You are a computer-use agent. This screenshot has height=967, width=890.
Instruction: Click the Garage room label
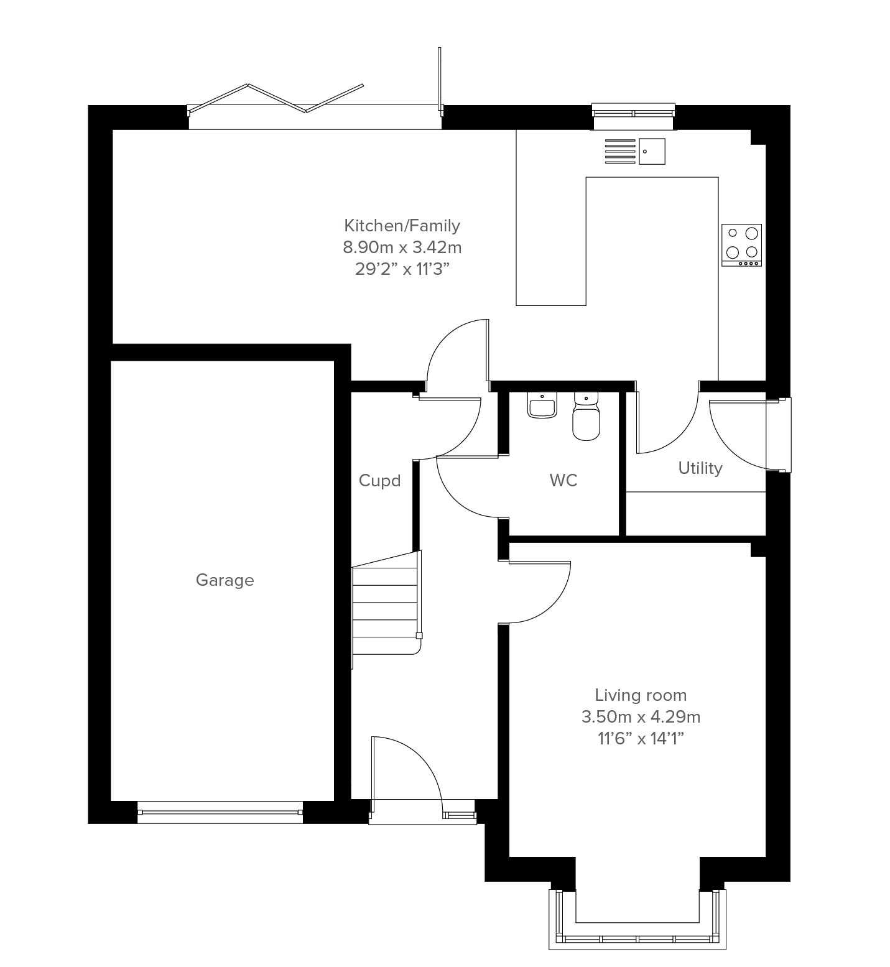pyautogui.click(x=225, y=580)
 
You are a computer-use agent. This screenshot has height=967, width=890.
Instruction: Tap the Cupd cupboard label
pyautogui.click(x=379, y=481)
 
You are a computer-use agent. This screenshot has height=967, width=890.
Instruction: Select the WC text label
pyautogui.click(x=563, y=480)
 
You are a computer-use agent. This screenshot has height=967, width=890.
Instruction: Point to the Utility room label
pyautogui.click(x=700, y=468)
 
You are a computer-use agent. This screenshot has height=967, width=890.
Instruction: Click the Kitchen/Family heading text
pyautogui.click(x=402, y=225)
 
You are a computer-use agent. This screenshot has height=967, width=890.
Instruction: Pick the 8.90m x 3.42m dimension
pyautogui.click(x=402, y=247)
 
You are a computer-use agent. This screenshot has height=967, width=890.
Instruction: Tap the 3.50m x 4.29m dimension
pyautogui.click(x=641, y=716)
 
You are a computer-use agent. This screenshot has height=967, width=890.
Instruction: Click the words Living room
pyautogui.click(x=641, y=695)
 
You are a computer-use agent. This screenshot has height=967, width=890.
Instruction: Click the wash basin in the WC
pyautogui.click(x=542, y=405)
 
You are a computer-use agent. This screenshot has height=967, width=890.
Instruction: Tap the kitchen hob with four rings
pyautogui.click(x=741, y=245)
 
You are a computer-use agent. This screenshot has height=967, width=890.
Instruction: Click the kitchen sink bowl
pyautogui.click(x=652, y=151)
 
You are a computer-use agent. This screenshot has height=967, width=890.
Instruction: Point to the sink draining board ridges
pyautogui.click(x=620, y=151)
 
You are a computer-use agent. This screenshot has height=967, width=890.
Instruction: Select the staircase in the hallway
pyautogui.click(x=386, y=609)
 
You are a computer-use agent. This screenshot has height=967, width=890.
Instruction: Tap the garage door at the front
pyautogui.click(x=220, y=812)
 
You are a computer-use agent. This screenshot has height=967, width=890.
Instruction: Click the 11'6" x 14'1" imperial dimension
pyautogui.click(x=641, y=738)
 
